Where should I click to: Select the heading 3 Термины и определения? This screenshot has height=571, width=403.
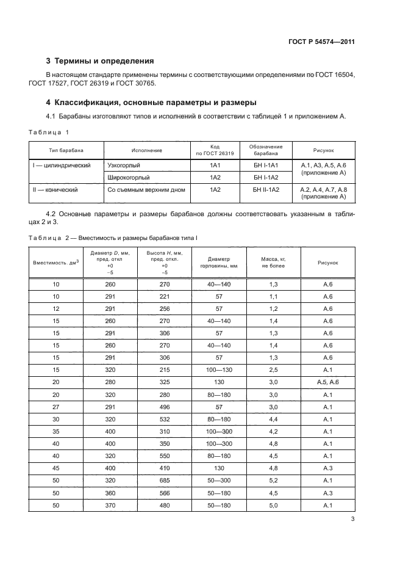[x=101, y=61]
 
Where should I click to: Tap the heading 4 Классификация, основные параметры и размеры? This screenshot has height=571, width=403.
[x=152, y=102]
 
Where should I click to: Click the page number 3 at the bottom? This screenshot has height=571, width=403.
[x=353, y=520]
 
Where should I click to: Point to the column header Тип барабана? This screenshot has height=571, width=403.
[x=66, y=150]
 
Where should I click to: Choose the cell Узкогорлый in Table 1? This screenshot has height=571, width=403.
[x=124, y=165]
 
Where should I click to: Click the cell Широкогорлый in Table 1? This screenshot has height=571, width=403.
[x=128, y=178]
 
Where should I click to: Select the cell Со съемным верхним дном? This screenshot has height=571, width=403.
[x=146, y=191]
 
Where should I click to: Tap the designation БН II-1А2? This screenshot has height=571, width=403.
[x=266, y=191]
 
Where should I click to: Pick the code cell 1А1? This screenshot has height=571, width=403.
[x=215, y=165]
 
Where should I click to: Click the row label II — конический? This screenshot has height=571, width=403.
[x=55, y=191]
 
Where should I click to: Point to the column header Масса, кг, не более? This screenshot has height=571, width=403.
[x=274, y=263]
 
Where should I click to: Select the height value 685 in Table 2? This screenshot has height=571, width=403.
[x=164, y=481]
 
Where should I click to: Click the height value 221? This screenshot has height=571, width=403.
[x=164, y=296]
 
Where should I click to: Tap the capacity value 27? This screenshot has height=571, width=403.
[x=57, y=407]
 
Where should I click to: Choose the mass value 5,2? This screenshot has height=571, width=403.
[x=274, y=481]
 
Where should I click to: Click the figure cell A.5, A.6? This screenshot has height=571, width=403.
[x=328, y=382]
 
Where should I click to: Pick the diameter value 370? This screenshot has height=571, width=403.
[x=110, y=505]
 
